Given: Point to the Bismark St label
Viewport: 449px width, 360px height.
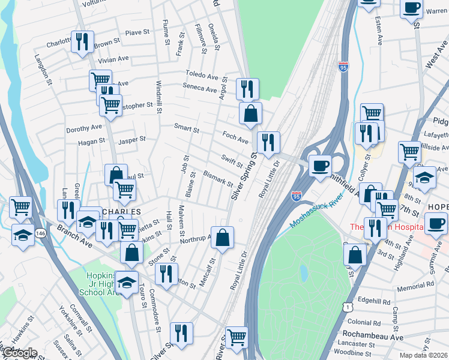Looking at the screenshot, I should pos(217,178).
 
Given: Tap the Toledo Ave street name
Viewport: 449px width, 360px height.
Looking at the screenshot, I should pos(201,77).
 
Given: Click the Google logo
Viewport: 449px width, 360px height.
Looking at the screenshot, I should pos(19,353).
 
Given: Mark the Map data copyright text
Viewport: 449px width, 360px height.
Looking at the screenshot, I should pos(424,355).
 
